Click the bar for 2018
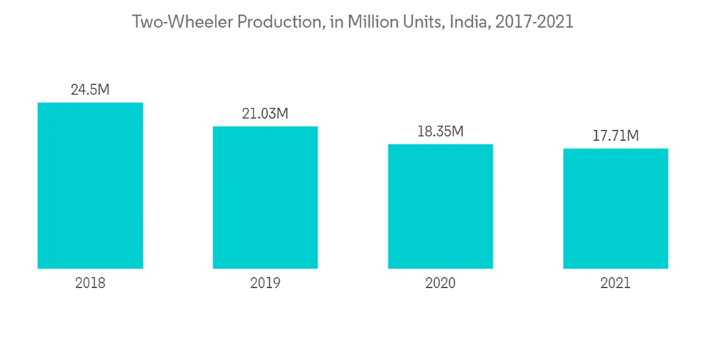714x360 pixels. [x=90, y=186]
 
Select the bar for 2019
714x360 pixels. [x=265, y=198]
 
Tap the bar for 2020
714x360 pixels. [x=441, y=206]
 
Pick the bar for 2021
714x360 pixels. [x=615, y=209]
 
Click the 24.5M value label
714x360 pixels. [x=90, y=90]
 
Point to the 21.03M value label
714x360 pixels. [x=265, y=114]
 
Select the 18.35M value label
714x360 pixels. [x=441, y=131]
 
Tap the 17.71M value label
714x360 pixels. [x=615, y=136]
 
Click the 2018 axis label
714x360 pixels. [x=90, y=283]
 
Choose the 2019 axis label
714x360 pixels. [x=265, y=283]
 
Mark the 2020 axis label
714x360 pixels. [x=441, y=283]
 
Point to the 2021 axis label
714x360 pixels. [x=615, y=283]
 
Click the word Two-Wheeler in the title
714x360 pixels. [x=183, y=22]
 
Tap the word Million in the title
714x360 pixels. [x=374, y=22]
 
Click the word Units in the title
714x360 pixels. [x=425, y=22]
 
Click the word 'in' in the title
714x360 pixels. [x=336, y=22]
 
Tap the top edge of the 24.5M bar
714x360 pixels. [x=90, y=104]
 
